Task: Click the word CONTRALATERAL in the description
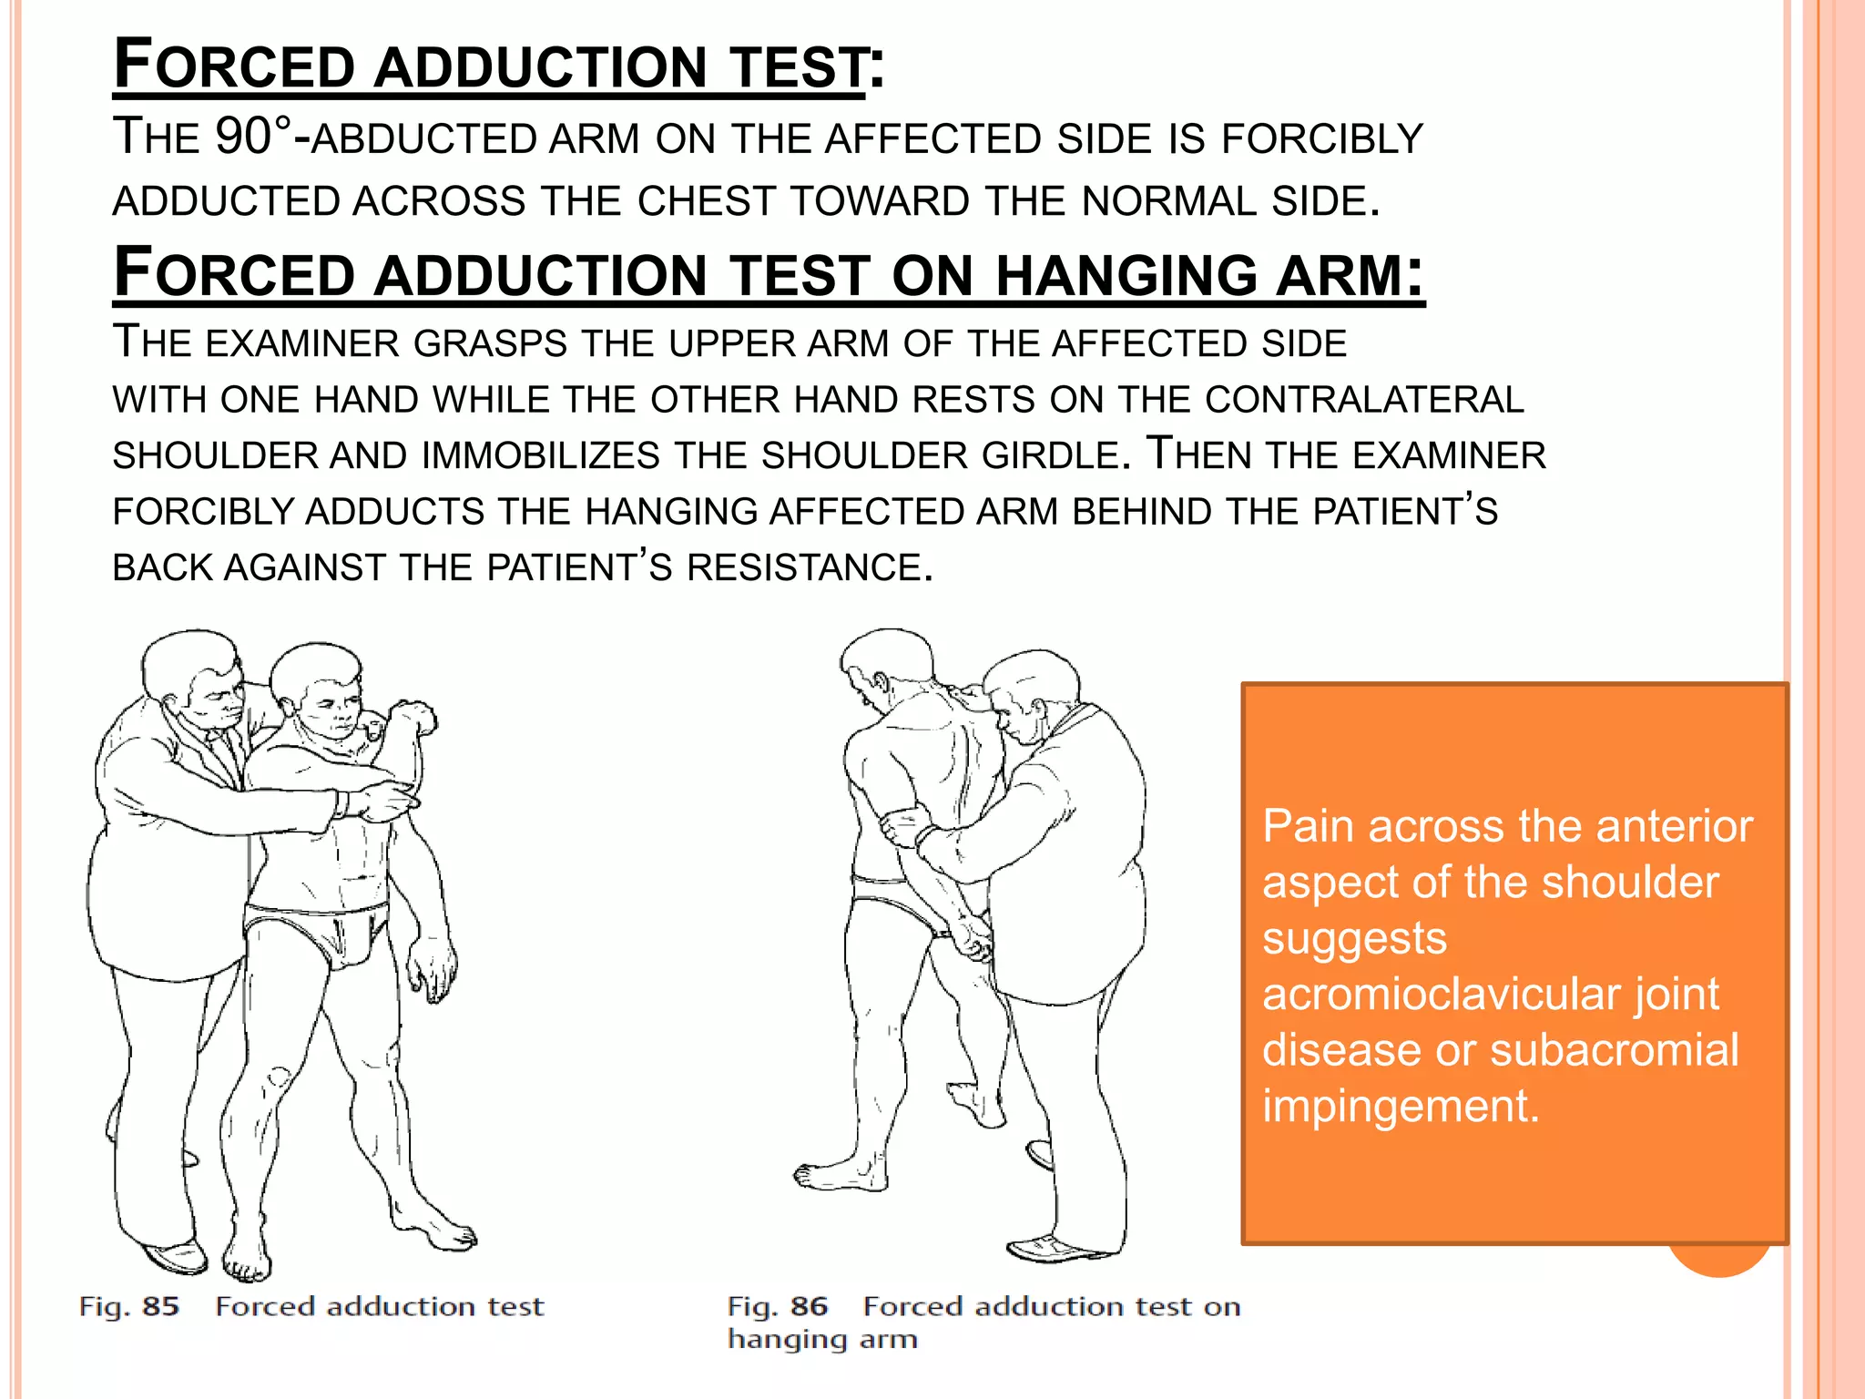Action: (1364, 400)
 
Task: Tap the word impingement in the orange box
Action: (1400, 1106)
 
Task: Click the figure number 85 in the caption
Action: (160, 1307)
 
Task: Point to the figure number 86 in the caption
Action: (809, 1307)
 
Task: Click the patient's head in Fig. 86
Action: (883, 665)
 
